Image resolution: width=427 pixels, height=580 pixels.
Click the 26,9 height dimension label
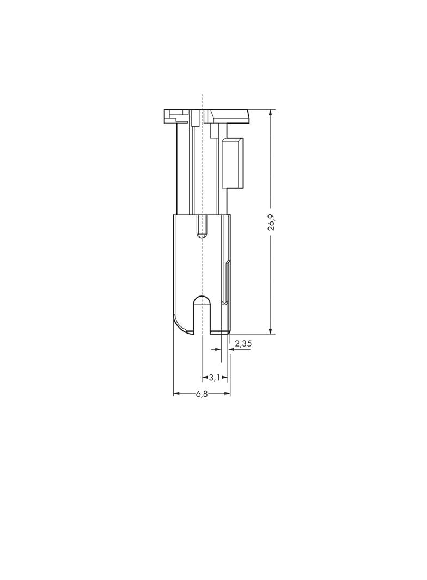(x=271, y=221)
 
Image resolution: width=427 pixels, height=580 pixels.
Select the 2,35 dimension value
(x=243, y=344)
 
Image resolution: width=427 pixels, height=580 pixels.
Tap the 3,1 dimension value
(x=215, y=378)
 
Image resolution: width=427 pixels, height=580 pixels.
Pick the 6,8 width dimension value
(x=202, y=394)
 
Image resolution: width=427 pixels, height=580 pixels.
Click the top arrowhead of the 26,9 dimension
(x=271, y=113)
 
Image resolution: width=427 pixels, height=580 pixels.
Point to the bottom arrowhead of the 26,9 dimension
(x=271, y=330)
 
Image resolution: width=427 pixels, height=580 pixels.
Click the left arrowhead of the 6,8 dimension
(x=177, y=393)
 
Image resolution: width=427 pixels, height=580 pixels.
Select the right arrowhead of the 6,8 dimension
(x=227, y=393)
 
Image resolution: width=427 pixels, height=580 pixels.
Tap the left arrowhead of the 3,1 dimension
(x=205, y=378)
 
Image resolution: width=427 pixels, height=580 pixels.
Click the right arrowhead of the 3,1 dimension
(x=224, y=378)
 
